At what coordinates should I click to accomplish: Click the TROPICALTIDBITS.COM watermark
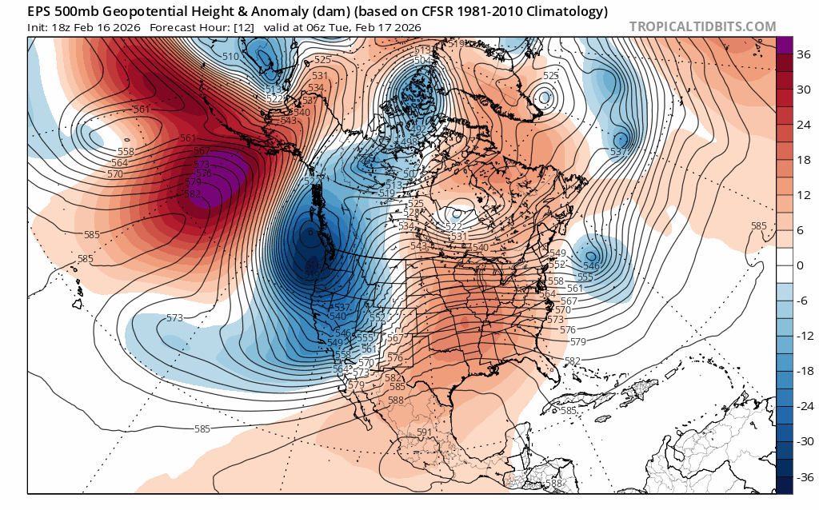point(702,27)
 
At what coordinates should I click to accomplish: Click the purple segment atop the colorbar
point(784,46)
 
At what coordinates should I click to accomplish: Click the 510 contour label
point(230,57)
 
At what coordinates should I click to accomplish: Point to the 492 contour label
point(416,129)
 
